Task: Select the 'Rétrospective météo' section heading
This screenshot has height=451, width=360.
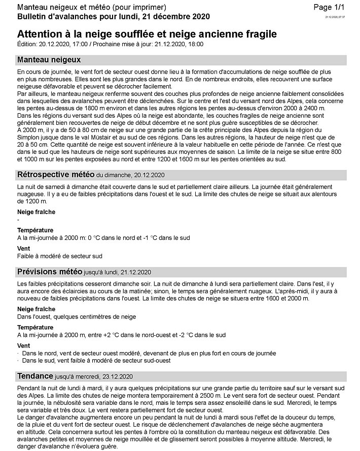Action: point(55,175)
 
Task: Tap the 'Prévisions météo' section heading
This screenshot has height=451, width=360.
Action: point(50,271)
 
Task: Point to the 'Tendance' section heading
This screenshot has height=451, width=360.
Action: point(35,376)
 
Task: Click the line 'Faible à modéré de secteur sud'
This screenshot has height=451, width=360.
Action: point(59,256)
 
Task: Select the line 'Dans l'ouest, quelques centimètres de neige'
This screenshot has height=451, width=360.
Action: point(76,317)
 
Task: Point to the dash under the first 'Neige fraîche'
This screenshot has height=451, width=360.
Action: point(18,220)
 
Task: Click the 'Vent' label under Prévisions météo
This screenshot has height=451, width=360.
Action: point(23,345)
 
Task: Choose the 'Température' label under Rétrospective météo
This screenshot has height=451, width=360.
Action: point(35,230)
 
